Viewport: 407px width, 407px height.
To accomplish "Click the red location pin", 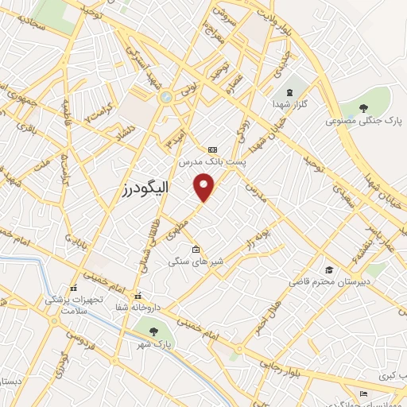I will pos(205,187).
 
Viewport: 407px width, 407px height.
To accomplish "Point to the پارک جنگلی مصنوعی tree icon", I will pos(363,108).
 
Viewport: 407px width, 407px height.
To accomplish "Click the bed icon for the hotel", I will pos(363,393).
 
